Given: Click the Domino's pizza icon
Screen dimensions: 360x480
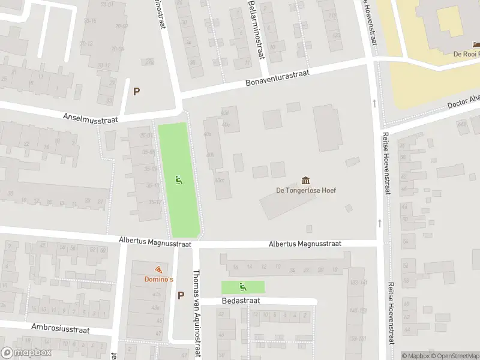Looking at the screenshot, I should pyautogui.click(x=158, y=270).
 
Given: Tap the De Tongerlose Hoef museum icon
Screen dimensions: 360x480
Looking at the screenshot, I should pyautogui.click(x=306, y=181).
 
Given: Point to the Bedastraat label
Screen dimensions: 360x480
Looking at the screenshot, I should pyautogui.click(x=239, y=301).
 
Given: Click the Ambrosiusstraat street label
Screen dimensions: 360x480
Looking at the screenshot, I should pyautogui.click(x=59, y=329).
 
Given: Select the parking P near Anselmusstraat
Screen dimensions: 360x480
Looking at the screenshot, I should pyautogui.click(x=136, y=92).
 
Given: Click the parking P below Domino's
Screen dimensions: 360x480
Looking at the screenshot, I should pyautogui.click(x=181, y=295).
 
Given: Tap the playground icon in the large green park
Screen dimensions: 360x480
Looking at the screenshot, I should pyautogui.click(x=178, y=179).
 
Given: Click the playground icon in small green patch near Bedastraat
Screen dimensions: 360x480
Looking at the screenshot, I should pyautogui.click(x=243, y=286).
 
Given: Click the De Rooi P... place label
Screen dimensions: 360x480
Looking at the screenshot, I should pyautogui.click(x=466, y=53).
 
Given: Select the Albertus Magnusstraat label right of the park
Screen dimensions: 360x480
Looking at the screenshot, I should pyautogui.click(x=305, y=244).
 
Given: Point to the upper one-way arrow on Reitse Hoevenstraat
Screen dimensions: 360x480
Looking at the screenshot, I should pyautogui.click(x=374, y=103).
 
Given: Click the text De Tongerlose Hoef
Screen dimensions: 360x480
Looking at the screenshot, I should pyautogui.click(x=306, y=191).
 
